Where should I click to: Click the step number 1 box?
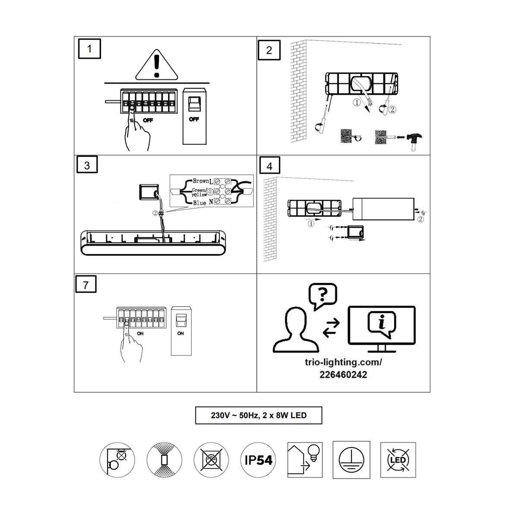click(x=89, y=49)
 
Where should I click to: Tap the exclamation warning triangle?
click(x=157, y=65)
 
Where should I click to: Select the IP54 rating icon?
click(x=258, y=460)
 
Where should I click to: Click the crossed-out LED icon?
click(x=398, y=460)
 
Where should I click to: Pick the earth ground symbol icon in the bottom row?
click(x=351, y=460)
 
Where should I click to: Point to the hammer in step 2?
click(x=414, y=141)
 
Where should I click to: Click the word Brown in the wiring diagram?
click(x=201, y=181)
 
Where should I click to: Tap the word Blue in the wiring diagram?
click(x=199, y=203)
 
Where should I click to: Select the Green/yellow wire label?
click(x=199, y=192)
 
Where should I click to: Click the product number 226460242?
click(x=343, y=375)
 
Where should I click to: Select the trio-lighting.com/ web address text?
click(x=343, y=362)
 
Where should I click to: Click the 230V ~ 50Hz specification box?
click(x=259, y=415)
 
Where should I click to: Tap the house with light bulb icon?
click(x=305, y=460)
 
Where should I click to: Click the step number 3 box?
click(x=87, y=164)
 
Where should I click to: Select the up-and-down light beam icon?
click(x=164, y=460)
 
